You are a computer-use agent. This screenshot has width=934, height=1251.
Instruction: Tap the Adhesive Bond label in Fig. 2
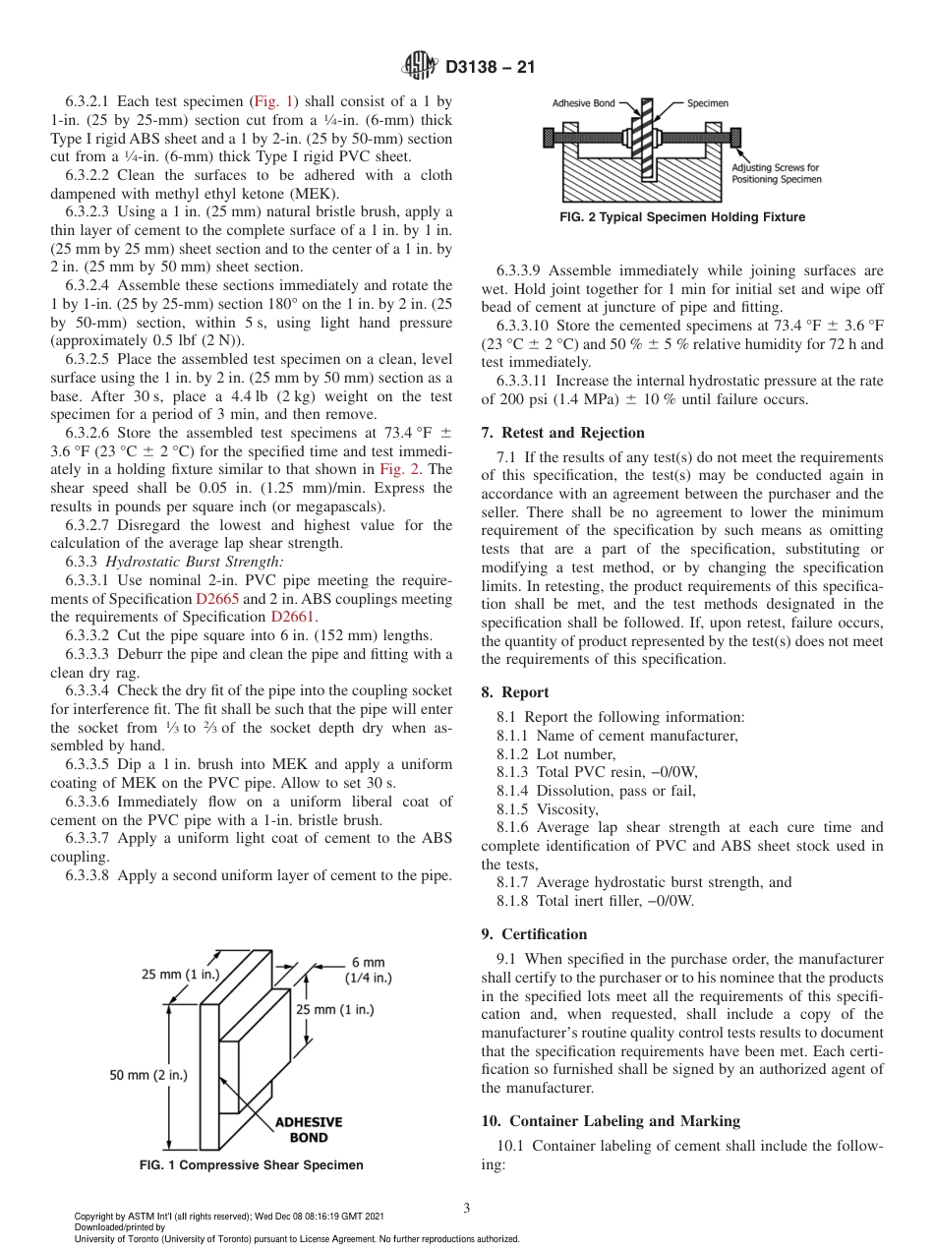click(x=583, y=102)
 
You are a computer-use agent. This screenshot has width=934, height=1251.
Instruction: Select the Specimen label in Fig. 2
click(x=707, y=102)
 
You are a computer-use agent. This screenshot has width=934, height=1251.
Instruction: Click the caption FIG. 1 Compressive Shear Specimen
click(x=250, y=1164)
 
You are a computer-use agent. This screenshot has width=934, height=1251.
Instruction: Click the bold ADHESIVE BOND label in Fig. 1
click(x=308, y=1130)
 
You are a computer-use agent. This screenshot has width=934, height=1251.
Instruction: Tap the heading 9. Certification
click(x=544, y=933)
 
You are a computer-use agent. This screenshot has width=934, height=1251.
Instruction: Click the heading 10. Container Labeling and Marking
click(x=611, y=1120)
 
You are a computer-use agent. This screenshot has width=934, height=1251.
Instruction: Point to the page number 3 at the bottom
click(x=466, y=1209)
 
